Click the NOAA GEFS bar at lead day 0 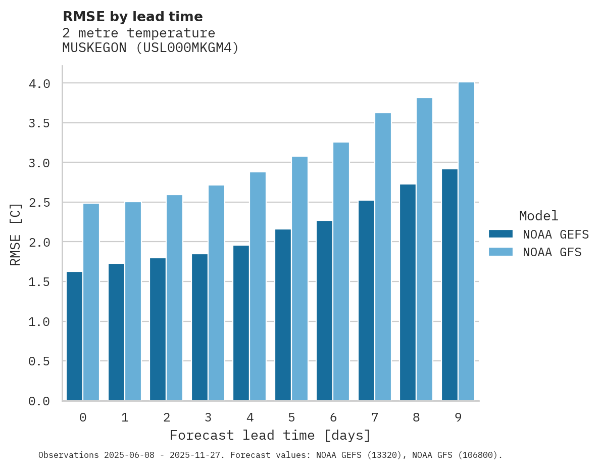pyautogui.click(x=74, y=336)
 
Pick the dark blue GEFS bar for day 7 pyautogui.click(x=366, y=301)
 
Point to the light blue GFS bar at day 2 pyautogui.click(x=174, y=298)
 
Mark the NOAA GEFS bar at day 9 pyautogui.click(x=449, y=285)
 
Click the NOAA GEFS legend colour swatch pyautogui.click(x=501, y=234)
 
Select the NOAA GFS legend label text pyautogui.click(x=552, y=252)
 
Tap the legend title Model pyautogui.click(x=538, y=216)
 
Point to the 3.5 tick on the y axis pyautogui.click(x=39, y=123)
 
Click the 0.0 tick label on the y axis pyautogui.click(x=39, y=401)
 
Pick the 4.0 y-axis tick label pyautogui.click(x=39, y=83)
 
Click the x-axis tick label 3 pyautogui.click(x=208, y=417)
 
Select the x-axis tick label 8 pyautogui.click(x=416, y=417)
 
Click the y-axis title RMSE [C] pyautogui.click(x=16, y=234)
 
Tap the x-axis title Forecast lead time pyautogui.click(x=270, y=435)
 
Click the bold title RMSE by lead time pyautogui.click(x=132, y=17)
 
